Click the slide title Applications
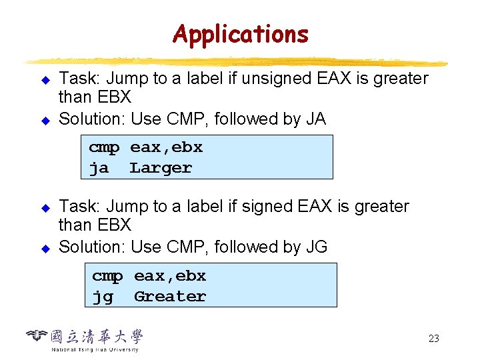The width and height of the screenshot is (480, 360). pyautogui.click(x=240, y=33)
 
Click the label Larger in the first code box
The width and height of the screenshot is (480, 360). pyautogui.click(x=161, y=168)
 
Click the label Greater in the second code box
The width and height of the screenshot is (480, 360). pyautogui.click(x=170, y=296)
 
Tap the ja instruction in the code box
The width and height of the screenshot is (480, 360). pyautogui.click(x=99, y=168)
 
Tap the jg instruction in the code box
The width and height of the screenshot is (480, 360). pyautogui.click(x=102, y=296)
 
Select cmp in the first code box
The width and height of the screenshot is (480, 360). pyautogui.click(x=104, y=147)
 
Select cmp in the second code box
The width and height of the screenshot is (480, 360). pyautogui.click(x=107, y=275)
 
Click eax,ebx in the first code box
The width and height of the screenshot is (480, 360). pyautogui.click(x=166, y=147)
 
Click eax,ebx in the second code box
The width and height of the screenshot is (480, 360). pyautogui.click(x=170, y=275)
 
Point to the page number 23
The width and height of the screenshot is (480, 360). pyautogui.click(x=433, y=339)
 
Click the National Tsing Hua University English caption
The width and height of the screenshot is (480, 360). pyautogui.click(x=95, y=349)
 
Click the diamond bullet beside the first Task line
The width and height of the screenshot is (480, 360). pyautogui.click(x=46, y=79)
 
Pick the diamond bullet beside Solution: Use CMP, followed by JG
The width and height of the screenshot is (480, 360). pyautogui.click(x=46, y=248)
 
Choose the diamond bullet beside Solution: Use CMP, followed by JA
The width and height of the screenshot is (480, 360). pyautogui.click(x=46, y=120)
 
